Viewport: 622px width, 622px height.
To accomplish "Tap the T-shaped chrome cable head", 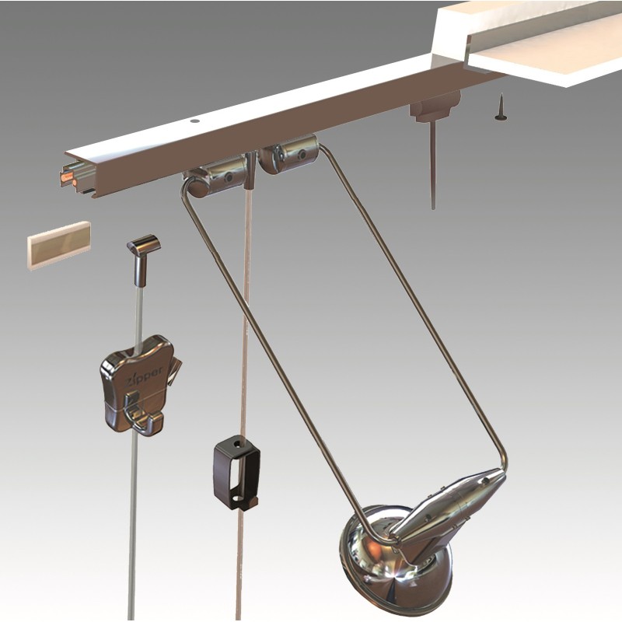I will point(143,249).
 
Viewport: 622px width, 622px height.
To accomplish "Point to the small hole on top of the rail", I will point(194,122).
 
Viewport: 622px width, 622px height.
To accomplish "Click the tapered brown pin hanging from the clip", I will point(432,171).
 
